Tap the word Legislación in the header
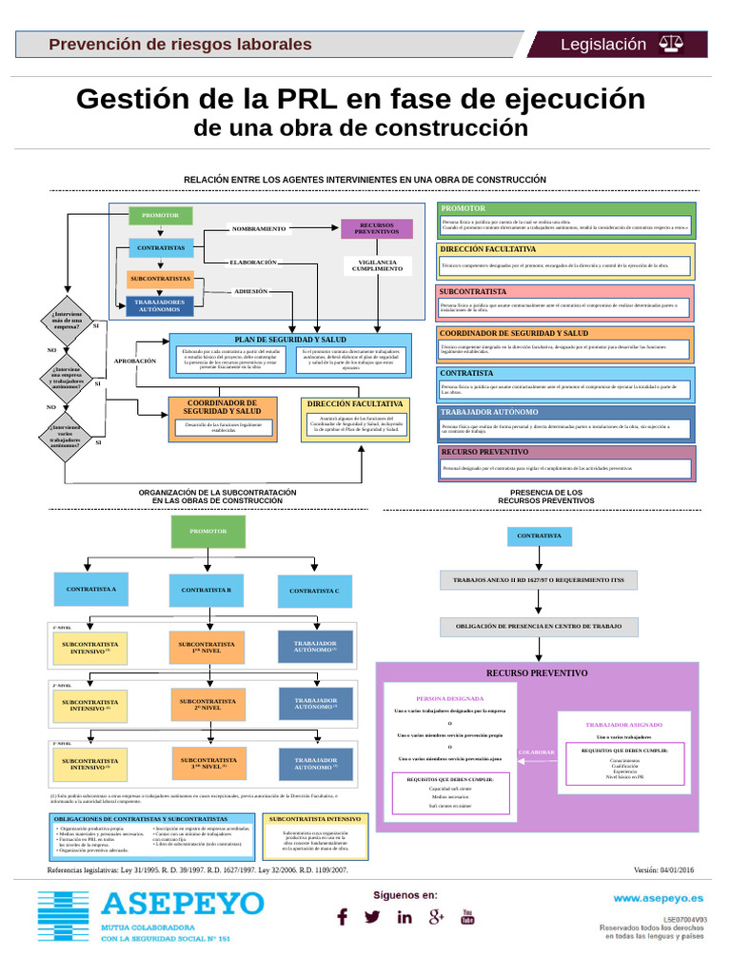pos(603,45)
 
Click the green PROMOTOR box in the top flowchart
pos(160,216)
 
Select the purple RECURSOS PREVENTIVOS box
pos(377,228)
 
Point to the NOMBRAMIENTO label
pos(258,229)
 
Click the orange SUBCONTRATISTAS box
pos(161,279)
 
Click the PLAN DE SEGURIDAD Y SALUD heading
pos(290,340)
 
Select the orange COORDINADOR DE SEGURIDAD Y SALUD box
pos(222,407)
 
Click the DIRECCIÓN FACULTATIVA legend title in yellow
pos(488,249)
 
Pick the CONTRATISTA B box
pos(207,590)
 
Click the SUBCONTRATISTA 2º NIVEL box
pos(207,705)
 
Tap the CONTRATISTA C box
pos(314,591)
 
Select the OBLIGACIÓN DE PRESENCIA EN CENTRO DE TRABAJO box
pos(539,626)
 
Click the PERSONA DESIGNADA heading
pos(449,698)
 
